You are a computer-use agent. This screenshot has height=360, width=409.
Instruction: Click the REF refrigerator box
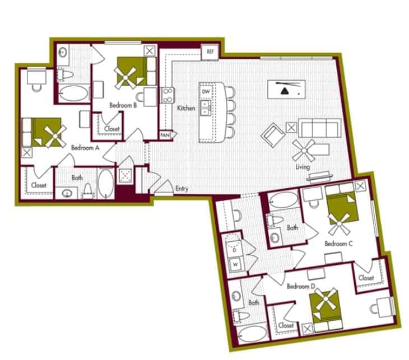tap(210, 52)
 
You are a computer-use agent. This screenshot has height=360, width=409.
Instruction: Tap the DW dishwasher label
tap(206, 91)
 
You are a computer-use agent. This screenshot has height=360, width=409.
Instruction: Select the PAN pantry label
tap(165, 135)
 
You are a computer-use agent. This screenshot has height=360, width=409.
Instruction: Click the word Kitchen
tap(186, 107)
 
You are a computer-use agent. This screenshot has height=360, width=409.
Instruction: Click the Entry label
tap(182, 189)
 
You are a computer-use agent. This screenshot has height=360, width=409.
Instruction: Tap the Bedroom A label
tap(85, 148)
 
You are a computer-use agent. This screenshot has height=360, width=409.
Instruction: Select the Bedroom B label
tap(124, 105)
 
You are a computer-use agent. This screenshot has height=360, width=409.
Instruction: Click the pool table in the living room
tap(289, 89)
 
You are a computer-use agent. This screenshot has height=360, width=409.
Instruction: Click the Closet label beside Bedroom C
tap(366, 278)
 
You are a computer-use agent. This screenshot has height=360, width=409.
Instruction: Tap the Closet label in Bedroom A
tap(39, 185)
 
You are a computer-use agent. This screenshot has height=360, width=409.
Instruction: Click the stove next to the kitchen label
tap(166, 96)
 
